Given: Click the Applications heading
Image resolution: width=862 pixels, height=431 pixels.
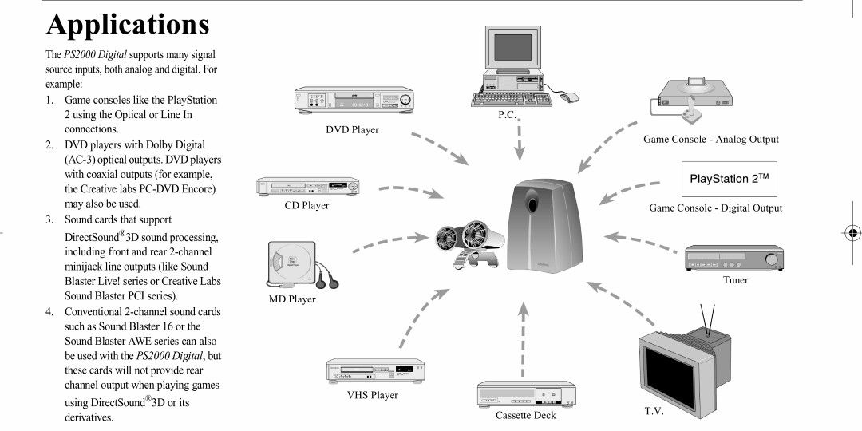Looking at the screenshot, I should (x=128, y=24).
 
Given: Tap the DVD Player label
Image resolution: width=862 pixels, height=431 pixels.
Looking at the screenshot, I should (x=352, y=129).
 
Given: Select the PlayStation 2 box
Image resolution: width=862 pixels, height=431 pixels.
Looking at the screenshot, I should (x=730, y=180).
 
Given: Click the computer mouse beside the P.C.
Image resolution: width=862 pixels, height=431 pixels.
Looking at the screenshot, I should (x=568, y=97).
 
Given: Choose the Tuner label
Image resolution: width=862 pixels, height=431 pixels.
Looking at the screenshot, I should (x=735, y=280).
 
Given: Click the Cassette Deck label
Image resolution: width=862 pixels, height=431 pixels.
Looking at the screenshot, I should (x=525, y=415).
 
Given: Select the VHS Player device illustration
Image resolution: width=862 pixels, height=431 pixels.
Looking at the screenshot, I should (x=375, y=370).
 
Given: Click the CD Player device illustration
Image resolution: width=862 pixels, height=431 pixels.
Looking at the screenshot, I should (x=307, y=188).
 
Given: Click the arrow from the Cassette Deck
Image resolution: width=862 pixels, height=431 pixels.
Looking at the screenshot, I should (x=523, y=339).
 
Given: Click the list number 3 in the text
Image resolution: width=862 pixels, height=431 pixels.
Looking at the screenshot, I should (x=49, y=219).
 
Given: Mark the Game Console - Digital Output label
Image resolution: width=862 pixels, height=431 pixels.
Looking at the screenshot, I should (x=715, y=208).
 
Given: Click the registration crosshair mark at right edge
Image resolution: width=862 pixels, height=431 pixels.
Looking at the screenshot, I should (x=851, y=234).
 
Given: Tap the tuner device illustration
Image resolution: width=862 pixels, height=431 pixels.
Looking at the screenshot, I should (x=731, y=259).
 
